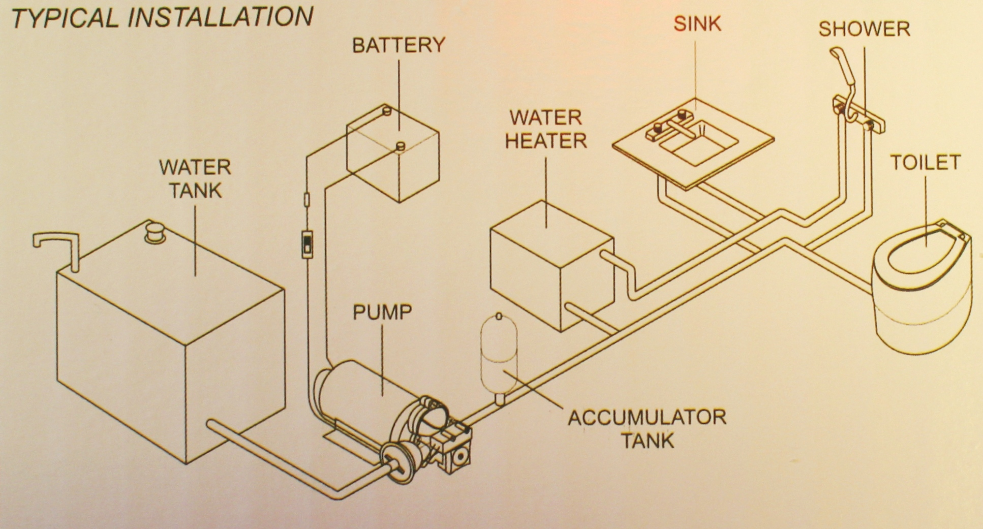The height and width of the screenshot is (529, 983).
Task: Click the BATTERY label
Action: [x=398, y=45]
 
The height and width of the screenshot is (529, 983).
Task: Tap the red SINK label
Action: [x=697, y=24]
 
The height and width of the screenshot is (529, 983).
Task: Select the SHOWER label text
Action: [x=864, y=29]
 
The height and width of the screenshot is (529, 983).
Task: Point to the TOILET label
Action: [x=925, y=163]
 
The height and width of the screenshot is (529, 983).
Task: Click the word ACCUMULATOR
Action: [x=647, y=418]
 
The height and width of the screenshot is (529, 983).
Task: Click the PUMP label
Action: [x=382, y=312]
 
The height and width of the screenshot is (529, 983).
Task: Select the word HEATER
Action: [x=546, y=141]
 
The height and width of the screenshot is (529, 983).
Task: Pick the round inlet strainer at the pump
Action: [x=395, y=462]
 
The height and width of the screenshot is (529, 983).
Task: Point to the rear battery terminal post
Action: [x=386, y=110]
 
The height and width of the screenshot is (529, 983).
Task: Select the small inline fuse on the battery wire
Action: [x=306, y=199]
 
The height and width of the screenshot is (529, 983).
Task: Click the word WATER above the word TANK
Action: [x=195, y=167]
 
